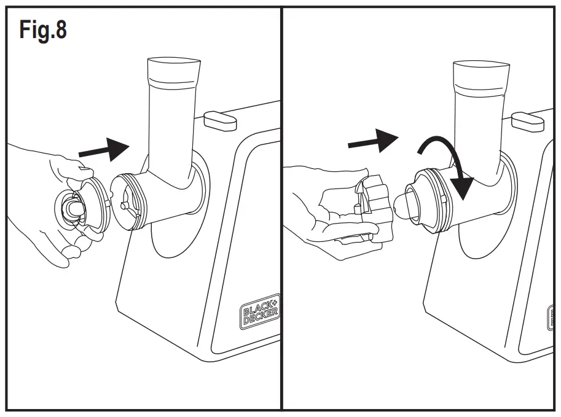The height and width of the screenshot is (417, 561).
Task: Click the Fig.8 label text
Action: click(43, 29)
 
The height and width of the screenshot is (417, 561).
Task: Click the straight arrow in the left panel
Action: click(106, 149)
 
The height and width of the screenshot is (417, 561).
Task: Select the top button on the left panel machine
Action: click(219, 119)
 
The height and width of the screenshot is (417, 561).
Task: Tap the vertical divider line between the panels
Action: click(281, 209)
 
